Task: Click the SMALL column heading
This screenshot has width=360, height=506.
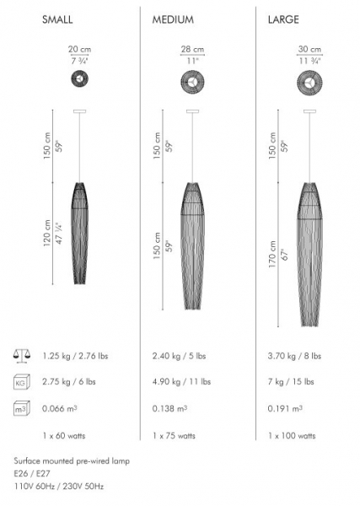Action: click(57, 19)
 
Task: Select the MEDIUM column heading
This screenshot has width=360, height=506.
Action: click(173, 19)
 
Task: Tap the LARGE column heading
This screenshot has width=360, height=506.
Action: click(283, 19)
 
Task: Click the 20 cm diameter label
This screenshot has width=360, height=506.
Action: click(79, 50)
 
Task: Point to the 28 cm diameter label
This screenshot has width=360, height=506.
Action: click(192, 50)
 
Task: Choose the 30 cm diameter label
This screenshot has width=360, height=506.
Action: click(309, 50)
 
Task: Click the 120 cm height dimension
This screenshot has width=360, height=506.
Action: click(47, 233)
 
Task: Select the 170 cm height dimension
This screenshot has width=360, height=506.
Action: click(272, 255)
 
